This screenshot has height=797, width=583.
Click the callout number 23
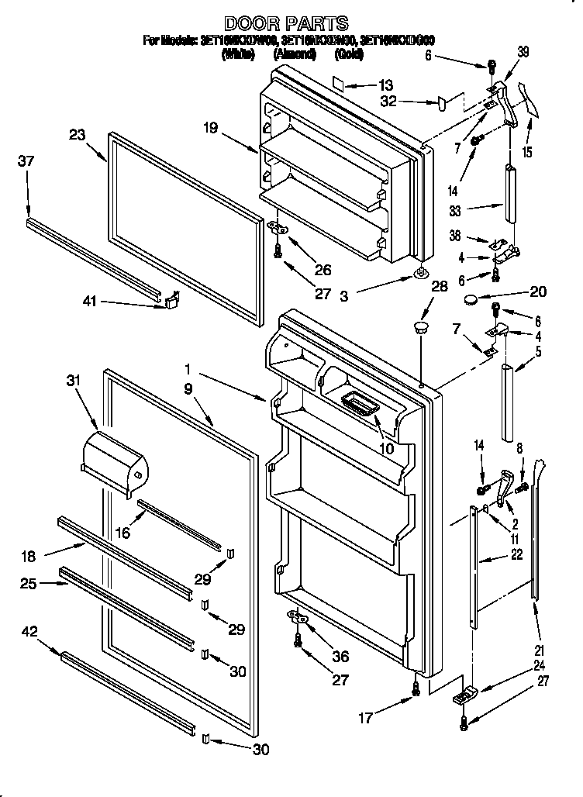(76, 133)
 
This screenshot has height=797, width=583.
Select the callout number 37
(26, 160)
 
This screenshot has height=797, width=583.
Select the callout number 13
(385, 85)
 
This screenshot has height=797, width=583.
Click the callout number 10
(385, 448)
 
